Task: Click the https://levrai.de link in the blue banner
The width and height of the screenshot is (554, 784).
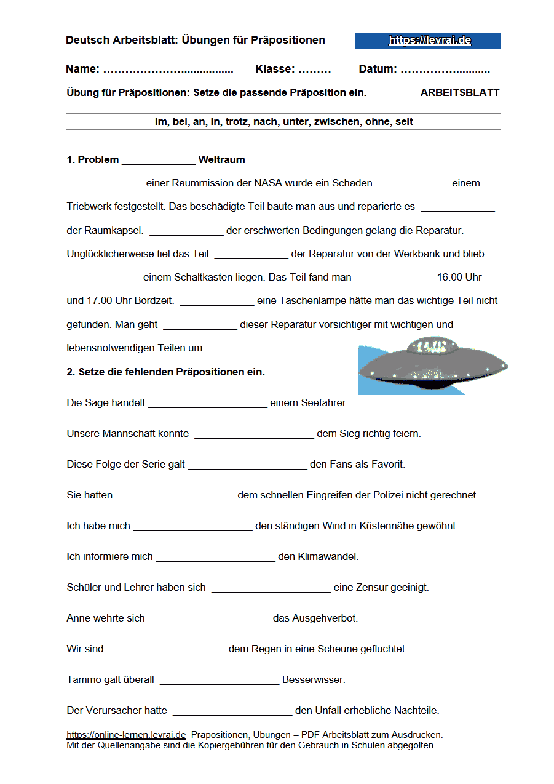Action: [x=429, y=41]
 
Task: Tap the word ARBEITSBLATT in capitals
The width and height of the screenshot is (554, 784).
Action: [x=459, y=93]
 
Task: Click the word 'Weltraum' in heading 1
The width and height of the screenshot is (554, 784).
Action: [x=221, y=160]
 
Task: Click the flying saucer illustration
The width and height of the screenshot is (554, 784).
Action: [x=433, y=368]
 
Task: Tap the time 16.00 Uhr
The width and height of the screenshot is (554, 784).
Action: [x=459, y=278]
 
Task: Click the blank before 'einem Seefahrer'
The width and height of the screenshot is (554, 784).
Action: [x=208, y=404]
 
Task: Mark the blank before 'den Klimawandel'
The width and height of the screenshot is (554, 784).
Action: [x=215, y=558]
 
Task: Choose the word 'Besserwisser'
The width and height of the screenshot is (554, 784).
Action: [x=314, y=681]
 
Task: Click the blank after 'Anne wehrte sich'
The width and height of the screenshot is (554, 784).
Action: [x=210, y=619]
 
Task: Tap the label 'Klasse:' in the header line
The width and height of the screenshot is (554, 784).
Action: [x=275, y=70]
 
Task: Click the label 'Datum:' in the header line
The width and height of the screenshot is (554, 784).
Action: [x=378, y=70]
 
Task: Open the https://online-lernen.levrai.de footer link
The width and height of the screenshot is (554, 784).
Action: [x=126, y=735]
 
